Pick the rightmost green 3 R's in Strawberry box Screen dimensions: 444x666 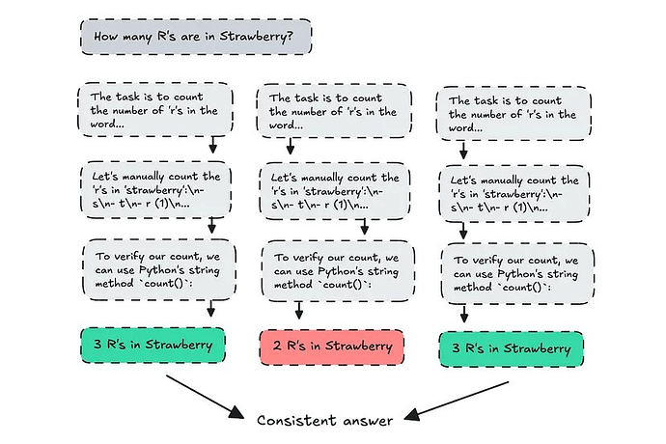point(512,347)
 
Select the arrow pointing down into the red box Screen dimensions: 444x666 point(300,311)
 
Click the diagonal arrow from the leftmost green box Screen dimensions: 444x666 point(203,395)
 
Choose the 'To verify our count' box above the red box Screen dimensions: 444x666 point(331,270)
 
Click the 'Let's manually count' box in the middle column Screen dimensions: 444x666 point(331,189)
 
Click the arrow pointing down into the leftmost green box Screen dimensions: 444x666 point(211,310)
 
